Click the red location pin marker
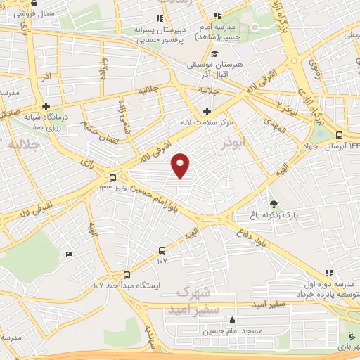pos(181,165)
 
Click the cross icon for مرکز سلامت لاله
pos(206,111)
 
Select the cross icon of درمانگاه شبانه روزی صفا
pos(46,106)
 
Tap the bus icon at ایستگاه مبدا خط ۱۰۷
pos(127,275)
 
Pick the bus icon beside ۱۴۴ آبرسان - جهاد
pos(340,135)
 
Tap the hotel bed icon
pos(68,254)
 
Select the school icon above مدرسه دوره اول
pos(328,273)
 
